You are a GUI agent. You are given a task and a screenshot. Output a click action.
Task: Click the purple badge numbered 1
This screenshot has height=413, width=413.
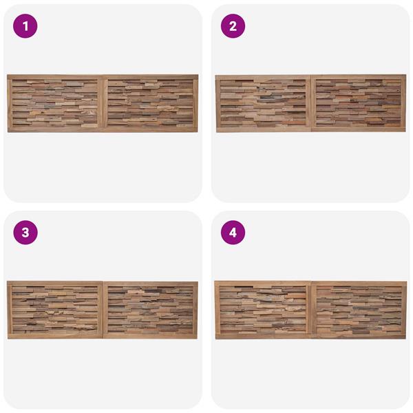pos(25,26)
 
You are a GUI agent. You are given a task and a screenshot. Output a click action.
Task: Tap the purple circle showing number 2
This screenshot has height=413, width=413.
pos(233,26)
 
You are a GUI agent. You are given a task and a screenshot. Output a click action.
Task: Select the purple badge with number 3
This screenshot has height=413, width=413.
pos(25,233)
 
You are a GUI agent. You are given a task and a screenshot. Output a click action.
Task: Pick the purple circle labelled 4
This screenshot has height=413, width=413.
pos(233,233)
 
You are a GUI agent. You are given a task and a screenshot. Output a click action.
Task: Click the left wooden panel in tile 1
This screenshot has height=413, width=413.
pos(55,103)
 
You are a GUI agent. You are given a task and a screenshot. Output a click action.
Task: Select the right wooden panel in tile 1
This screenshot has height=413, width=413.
pos(150,103)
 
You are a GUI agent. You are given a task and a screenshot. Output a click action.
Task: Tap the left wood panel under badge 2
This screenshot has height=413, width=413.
pos(263,103)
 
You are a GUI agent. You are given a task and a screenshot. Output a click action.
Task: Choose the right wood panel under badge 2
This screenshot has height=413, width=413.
pos(359,103)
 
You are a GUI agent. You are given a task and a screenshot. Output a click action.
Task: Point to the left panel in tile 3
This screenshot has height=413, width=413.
pos(55,310)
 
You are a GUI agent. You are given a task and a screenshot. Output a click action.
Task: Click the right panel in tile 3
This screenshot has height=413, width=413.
pos(150,310)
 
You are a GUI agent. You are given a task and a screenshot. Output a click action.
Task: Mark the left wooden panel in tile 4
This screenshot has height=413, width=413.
pos(263,310)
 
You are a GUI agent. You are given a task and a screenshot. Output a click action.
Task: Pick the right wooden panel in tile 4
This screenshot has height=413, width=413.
pos(359,310)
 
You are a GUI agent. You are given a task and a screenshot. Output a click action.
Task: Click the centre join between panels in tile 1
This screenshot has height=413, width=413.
pos(103,103)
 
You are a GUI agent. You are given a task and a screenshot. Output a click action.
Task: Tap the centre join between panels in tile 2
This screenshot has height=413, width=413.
pos(311,103)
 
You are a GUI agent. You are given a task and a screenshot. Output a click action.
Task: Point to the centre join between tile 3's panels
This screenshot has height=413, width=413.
pos(103,310)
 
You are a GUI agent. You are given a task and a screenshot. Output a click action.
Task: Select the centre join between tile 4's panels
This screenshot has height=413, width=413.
pos(311,310)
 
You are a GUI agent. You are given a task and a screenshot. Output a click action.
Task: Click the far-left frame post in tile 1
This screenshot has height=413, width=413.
pos(10,103)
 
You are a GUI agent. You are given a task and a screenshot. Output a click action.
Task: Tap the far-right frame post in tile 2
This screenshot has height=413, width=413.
pos(403,103)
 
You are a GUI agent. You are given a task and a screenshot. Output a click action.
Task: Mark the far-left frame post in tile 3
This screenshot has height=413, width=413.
pos(10,310)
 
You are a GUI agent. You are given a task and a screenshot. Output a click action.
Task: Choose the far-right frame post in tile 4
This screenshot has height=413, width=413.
pos(404,310)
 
